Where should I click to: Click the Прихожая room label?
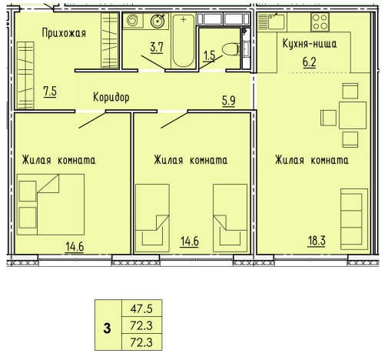coord(64,33)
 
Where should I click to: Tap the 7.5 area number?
coord(50,92)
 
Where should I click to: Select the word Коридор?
coord(111,97)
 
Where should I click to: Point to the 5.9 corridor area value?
coord(228,101)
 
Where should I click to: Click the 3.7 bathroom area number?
coord(157,48)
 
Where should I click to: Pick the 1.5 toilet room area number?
coord(209,55)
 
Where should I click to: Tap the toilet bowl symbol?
coord(230,49)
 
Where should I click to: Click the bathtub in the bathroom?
coord(184,41)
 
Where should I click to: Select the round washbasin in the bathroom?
coord(158,21)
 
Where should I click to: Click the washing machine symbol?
coord(133,21)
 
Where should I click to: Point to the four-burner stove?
coord(320,22)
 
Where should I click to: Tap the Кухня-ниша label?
coord(310,44)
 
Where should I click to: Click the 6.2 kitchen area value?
coord(310,62)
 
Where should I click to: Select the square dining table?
coord(353,115)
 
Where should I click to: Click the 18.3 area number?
coord(317,241)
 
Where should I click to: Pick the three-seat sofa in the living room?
coord(354,219)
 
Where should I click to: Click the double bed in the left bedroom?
coord(51,205)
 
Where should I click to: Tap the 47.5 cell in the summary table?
coord(141,308)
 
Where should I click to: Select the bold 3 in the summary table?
coord(108,328)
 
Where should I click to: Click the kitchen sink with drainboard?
coord(271,22)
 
